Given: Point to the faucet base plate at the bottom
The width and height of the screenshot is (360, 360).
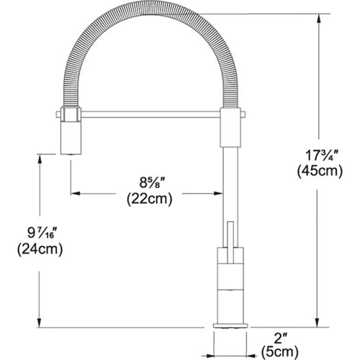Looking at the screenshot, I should click(231, 326).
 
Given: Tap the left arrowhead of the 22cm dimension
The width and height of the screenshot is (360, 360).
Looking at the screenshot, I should click(73, 193).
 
